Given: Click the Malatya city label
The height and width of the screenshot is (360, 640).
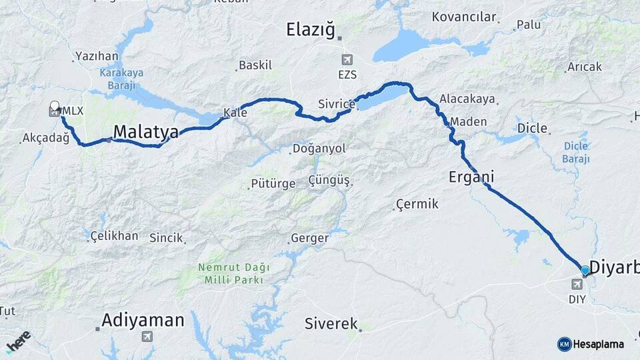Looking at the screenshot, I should coord(146,133).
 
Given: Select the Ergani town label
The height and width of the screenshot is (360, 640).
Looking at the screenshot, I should coord(471,177).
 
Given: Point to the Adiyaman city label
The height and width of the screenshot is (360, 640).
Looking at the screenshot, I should coord(143,321).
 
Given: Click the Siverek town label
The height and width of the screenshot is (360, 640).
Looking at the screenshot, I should coord(332,324).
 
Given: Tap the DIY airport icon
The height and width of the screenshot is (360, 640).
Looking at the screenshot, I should coord(577,285).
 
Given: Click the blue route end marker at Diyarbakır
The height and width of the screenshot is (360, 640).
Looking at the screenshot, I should coord(585,270).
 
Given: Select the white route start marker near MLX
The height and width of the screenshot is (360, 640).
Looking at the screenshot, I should coord(55,105).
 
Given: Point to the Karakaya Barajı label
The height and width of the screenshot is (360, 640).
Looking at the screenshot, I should coord(118,79).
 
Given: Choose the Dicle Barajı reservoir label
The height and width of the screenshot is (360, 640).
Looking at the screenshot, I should coord(577,152).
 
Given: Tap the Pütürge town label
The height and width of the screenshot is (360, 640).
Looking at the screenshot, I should coord(273,183).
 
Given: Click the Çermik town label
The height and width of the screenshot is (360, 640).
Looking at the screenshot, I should coord(417,204).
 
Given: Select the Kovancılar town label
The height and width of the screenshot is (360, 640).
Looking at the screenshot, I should coord(465,17).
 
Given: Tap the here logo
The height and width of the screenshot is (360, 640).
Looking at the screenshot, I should coord(18,341).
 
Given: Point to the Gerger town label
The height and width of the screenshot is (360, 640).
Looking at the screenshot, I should coord(309,238).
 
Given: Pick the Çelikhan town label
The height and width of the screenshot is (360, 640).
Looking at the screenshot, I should coord(114,235).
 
